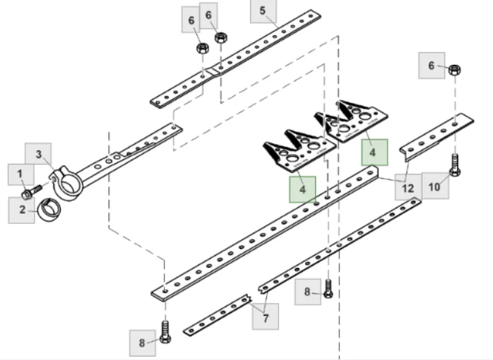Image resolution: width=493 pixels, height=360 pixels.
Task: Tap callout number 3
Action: click(38, 154)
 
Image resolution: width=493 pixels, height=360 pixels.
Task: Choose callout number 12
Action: click(407, 187)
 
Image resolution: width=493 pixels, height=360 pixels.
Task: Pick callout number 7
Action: click(265, 317)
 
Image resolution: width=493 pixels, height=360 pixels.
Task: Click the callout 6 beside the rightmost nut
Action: click(431, 66)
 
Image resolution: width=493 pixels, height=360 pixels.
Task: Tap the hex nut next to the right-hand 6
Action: click(454, 70)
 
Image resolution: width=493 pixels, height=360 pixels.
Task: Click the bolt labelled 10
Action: click(454, 164)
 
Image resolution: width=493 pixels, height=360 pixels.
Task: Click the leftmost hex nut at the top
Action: click(202, 48)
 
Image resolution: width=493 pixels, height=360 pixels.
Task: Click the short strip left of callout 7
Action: click(216, 316)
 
